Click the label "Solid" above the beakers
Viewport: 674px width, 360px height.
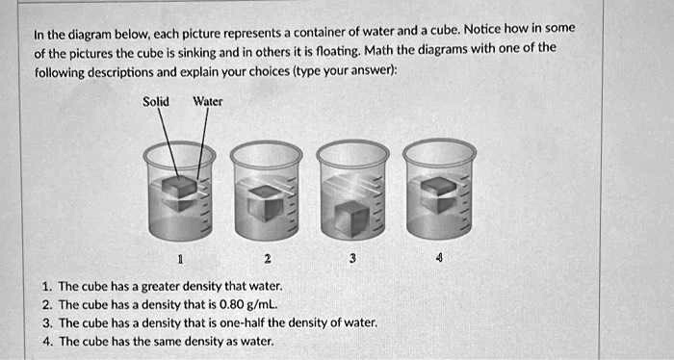tap(156, 101)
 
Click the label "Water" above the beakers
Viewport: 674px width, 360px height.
tap(208, 101)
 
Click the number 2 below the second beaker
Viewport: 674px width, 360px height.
tap(267, 259)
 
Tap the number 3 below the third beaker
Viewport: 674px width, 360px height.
tap(352, 259)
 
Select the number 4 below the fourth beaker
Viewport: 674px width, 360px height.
tap(440, 259)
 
